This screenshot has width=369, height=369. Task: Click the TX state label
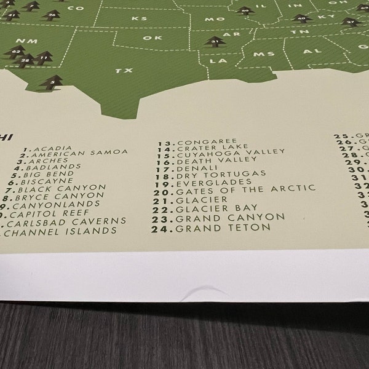(124, 71)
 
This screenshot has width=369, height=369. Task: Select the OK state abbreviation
(147, 38)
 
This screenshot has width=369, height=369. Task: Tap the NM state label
(23, 41)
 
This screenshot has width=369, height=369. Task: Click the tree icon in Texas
(52, 81)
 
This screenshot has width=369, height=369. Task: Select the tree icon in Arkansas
(215, 42)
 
